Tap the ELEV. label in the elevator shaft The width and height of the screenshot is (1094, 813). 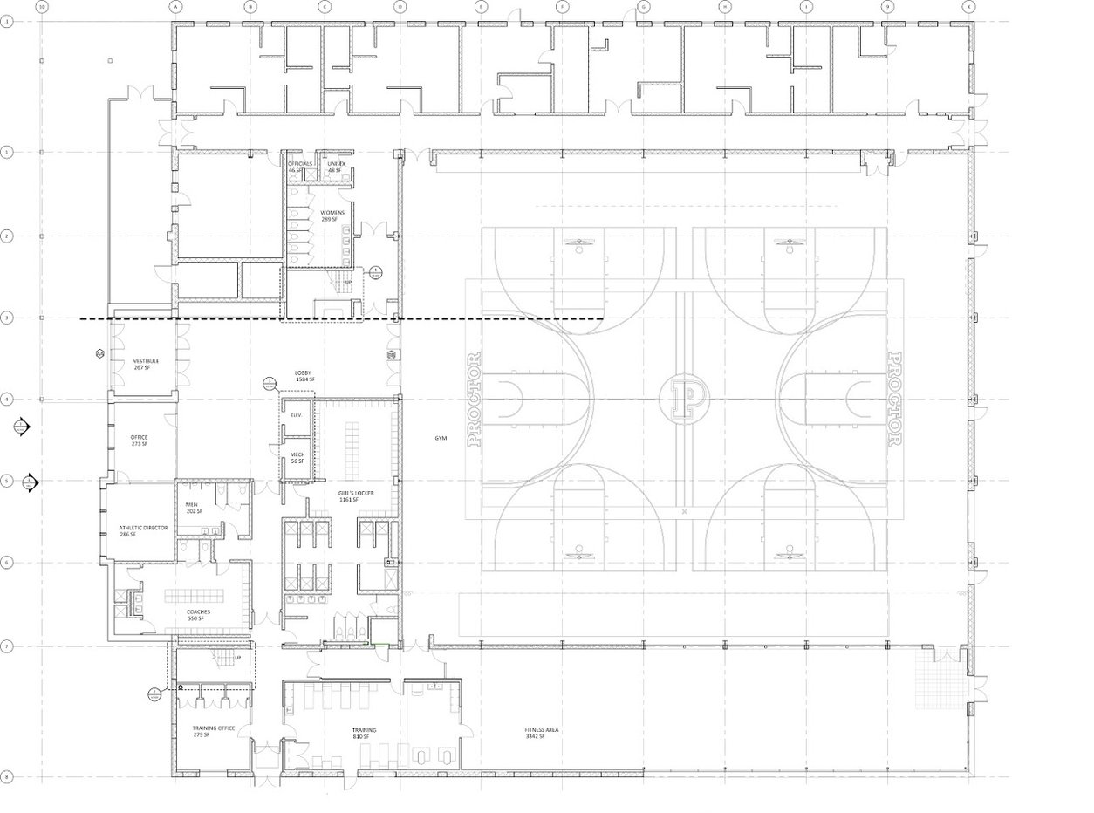tap(296, 415)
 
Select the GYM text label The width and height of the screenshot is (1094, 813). tap(441, 438)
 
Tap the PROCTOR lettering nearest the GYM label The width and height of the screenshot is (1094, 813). tap(475, 399)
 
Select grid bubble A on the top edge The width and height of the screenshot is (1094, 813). tap(175, 7)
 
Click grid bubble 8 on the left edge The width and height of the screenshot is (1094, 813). tap(7, 775)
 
